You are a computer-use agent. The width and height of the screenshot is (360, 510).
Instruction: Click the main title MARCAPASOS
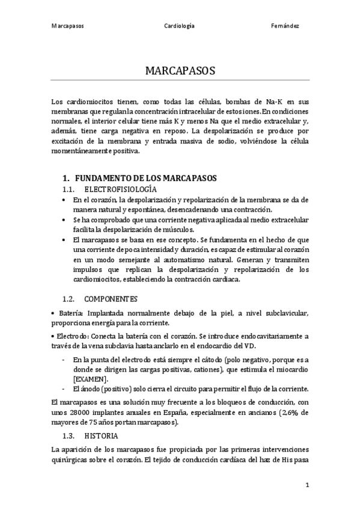(180, 71)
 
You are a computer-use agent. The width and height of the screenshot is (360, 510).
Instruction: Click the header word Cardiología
(179, 26)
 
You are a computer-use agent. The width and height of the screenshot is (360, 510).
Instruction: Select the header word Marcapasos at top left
(67, 26)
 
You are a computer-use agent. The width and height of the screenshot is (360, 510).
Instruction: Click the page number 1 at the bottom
(307, 484)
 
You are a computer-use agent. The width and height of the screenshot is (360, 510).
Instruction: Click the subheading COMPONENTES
(111, 298)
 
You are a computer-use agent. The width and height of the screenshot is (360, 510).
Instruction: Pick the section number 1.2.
(69, 298)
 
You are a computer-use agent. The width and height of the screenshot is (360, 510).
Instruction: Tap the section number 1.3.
(69, 435)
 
